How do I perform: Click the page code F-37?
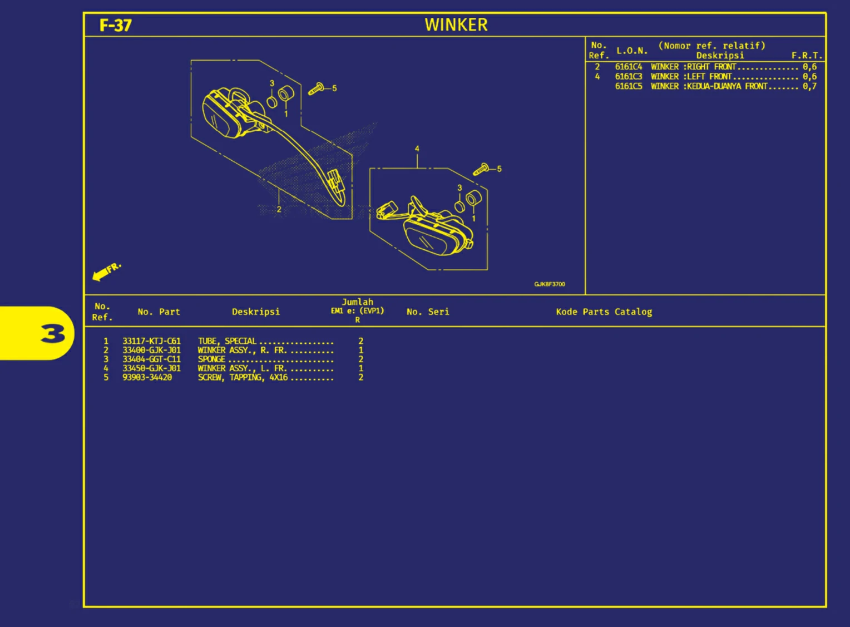coord(115,26)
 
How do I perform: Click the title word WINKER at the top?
coord(456,25)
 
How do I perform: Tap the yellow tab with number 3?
coord(37,333)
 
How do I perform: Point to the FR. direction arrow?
coord(105,271)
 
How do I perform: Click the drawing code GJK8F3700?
coord(549,284)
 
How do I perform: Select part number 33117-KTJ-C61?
coord(151,341)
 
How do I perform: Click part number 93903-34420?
coord(147,377)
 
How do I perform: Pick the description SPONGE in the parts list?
coord(211,359)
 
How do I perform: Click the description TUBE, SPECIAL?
coord(227,341)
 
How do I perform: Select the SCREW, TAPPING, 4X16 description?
coord(243,377)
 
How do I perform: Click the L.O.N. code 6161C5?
coord(628,86)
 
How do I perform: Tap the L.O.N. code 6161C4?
coord(628,67)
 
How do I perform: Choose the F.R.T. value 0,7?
coord(809,86)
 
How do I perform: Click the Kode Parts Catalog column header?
coord(604,312)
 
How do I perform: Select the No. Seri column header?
coord(427,312)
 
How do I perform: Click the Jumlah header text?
coord(357,302)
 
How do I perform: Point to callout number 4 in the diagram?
coord(417,149)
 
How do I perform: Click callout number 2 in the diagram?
coord(279,209)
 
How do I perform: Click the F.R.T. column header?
coord(806,56)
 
